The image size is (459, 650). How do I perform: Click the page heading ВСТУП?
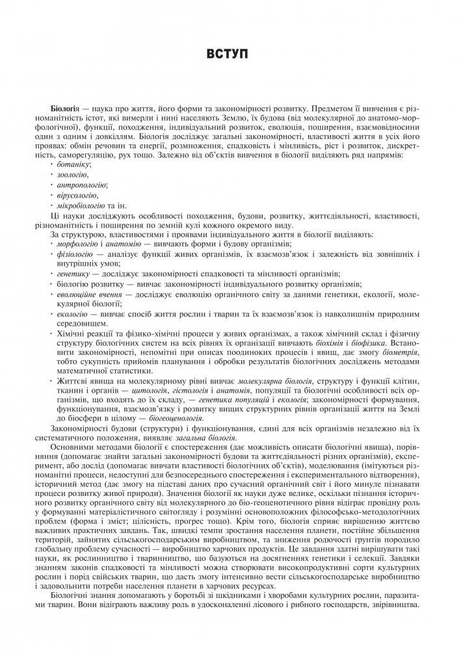click(x=229, y=53)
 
